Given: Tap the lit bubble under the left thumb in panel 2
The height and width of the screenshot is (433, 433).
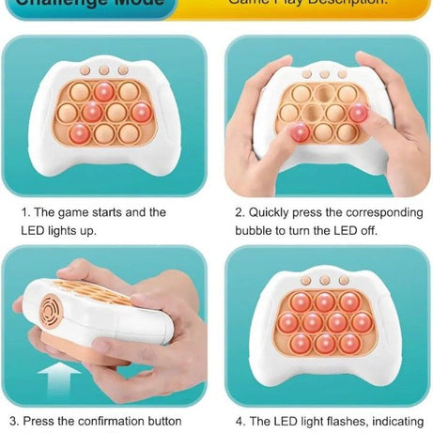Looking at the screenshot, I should pyautogui.click(x=300, y=133).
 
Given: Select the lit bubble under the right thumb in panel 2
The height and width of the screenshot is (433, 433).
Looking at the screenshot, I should pyautogui.click(x=360, y=114).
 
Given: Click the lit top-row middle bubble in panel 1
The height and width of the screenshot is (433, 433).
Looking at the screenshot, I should pyautogui.click(x=104, y=91).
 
